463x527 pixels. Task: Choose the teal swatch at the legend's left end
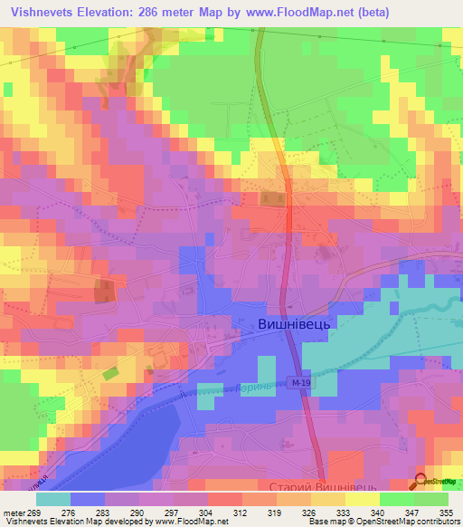(x=53, y=499)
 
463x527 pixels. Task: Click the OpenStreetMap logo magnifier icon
(x=422, y=481)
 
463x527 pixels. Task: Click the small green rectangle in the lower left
(x=109, y=372)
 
